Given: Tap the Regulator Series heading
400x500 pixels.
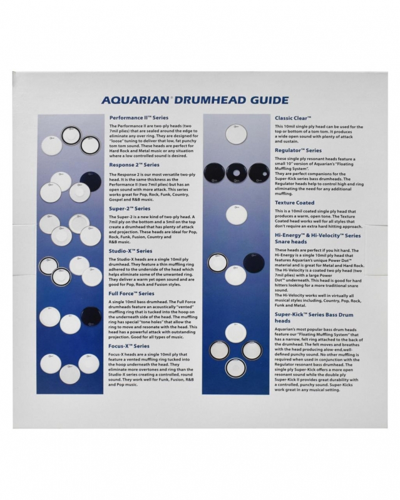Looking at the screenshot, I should point(298,151).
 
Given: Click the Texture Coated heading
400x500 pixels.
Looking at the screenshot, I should point(294,202).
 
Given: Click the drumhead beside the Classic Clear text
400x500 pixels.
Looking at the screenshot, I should point(236,134).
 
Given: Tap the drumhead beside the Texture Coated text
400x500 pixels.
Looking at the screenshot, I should point(236,214).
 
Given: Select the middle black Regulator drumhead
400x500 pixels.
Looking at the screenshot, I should point(237,172).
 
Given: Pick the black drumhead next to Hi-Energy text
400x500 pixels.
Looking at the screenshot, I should point(254,262).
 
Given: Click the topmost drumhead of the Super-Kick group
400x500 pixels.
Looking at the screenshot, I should point(236,332).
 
